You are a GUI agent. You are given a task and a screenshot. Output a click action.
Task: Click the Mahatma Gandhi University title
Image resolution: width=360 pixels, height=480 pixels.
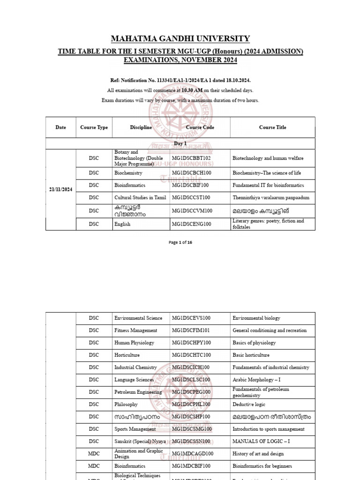[x=180, y=39]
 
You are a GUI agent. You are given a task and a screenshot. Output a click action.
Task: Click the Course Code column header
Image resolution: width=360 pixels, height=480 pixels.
[x=200, y=127]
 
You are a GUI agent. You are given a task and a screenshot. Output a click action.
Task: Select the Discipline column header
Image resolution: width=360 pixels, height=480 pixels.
[x=141, y=127]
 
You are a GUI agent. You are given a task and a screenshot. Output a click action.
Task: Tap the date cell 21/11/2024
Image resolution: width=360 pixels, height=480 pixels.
[x=60, y=189]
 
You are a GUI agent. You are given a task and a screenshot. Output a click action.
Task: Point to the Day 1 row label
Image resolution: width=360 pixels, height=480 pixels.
[x=180, y=143]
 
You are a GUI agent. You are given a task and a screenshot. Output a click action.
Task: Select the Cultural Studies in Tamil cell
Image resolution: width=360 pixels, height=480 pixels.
[x=140, y=198]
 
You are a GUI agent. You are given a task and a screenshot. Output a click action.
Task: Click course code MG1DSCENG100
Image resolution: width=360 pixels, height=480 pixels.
[x=191, y=224]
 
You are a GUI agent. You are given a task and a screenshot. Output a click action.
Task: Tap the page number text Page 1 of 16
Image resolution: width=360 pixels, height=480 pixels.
[x=180, y=242]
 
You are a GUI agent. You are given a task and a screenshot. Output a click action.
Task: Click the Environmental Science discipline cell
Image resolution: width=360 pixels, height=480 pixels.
[x=138, y=318]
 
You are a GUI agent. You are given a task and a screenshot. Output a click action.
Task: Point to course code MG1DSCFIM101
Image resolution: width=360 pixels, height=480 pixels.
[x=191, y=330]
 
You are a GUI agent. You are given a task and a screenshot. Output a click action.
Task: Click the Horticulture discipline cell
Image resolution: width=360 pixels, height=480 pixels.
[x=128, y=355]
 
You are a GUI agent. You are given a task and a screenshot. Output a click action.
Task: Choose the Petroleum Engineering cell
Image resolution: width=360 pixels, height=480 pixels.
[x=138, y=392]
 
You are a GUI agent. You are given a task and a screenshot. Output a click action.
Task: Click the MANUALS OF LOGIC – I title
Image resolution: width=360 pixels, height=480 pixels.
[x=261, y=442]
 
